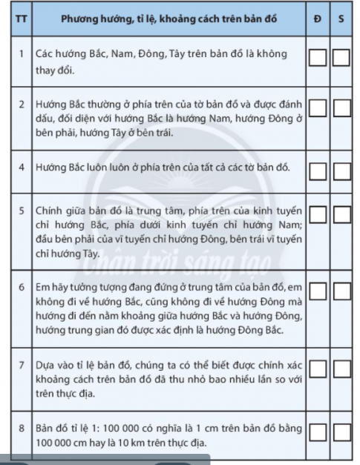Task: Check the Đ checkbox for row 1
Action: point(317,57)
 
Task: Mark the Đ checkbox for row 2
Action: point(317,109)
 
